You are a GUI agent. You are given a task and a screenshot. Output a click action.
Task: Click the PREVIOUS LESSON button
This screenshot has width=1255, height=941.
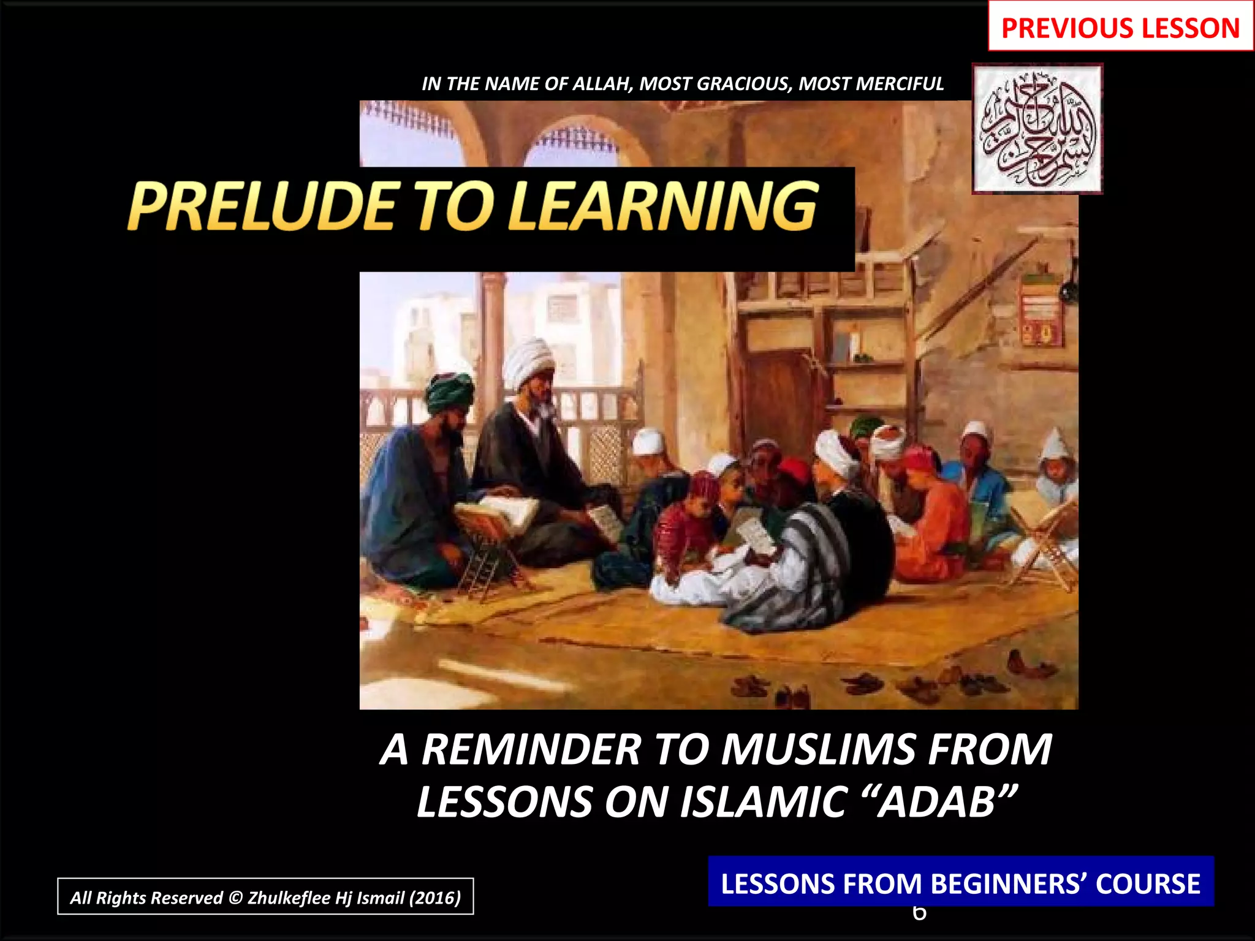pyautogui.click(x=1120, y=28)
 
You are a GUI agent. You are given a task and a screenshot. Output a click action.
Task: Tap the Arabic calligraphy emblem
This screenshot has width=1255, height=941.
pyautogui.click(x=1038, y=129)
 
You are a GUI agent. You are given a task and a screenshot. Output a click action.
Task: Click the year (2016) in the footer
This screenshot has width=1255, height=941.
pyautogui.click(x=434, y=898)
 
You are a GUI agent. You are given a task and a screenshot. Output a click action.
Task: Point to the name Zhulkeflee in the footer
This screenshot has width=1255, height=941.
pyautogui.click(x=289, y=898)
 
